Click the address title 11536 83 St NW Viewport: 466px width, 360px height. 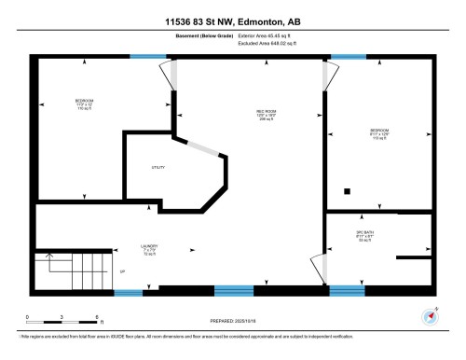233,21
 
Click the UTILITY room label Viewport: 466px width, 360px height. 158,168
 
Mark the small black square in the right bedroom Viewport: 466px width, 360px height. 348,191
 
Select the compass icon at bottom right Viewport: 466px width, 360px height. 430,313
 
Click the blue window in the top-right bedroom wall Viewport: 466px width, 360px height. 349,58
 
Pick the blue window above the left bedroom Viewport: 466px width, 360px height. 146,58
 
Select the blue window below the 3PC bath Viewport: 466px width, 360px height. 349,289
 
